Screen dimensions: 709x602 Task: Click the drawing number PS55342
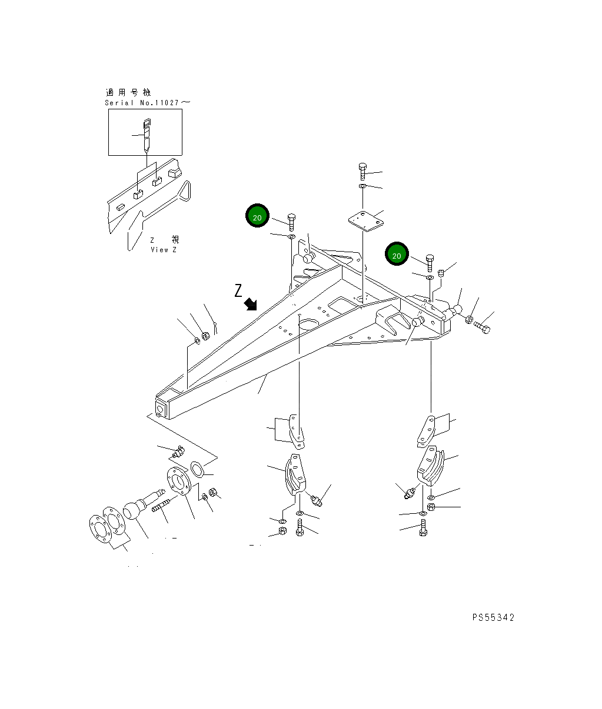pos(493,617)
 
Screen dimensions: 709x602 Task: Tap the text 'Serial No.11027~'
pos(147,103)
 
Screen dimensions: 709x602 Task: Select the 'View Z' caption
pos(164,250)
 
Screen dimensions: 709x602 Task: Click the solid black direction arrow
pos(251,303)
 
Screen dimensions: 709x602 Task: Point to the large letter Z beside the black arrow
pos(238,290)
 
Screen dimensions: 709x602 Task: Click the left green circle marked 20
pos(257,217)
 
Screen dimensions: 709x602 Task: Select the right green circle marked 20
pos(397,255)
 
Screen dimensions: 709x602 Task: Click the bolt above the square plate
pos(362,171)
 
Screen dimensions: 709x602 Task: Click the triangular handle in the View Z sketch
pos(185,192)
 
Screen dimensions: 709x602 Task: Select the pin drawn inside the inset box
pos(147,135)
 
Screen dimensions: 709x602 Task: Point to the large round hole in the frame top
pos(307,323)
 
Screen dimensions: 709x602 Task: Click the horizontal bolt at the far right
pos(481,327)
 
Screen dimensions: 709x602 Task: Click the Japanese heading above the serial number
pos(128,92)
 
